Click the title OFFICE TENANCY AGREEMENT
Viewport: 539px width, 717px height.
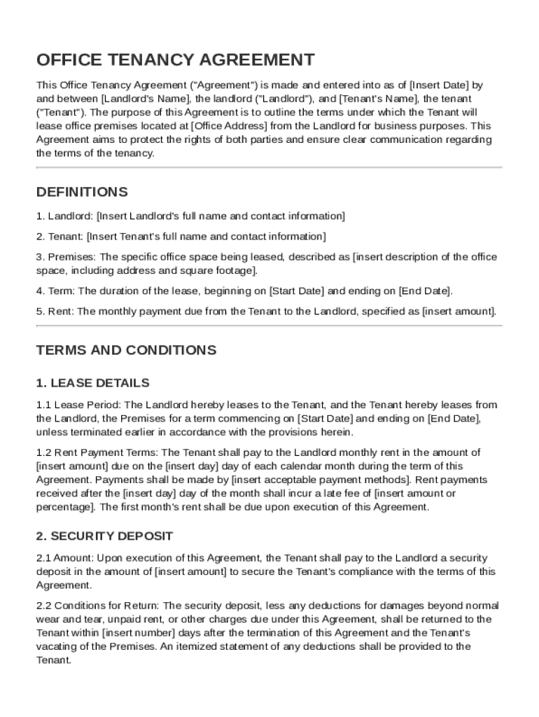pyautogui.click(x=175, y=60)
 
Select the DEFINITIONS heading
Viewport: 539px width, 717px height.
pyautogui.click(x=82, y=192)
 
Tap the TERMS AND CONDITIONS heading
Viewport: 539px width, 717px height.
pyautogui.click(x=126, y=350)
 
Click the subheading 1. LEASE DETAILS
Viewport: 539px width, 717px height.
pyautogui.click(x=92, y=383)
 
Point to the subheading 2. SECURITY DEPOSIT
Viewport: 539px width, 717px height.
pyautogui.click(x=104, y=536)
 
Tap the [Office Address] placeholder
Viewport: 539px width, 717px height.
pyautogui.click(x=229, y=126)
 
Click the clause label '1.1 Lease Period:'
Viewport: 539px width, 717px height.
pyautogui.click(x=78, y=405)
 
